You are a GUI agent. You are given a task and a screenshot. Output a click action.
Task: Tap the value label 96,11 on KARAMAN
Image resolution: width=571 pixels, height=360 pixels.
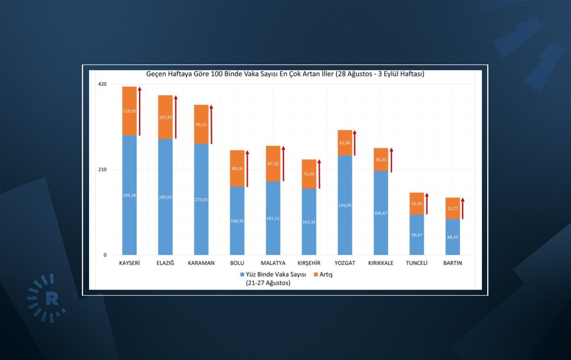(x=201, y=125)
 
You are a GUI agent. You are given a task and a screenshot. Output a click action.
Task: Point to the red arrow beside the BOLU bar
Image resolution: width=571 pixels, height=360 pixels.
(x=247, y=168)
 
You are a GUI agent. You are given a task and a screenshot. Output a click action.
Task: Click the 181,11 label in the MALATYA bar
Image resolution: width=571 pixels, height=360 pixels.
(x=273, y=218)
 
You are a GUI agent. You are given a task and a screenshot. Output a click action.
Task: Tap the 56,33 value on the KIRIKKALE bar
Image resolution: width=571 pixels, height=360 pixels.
(x=381, y=160)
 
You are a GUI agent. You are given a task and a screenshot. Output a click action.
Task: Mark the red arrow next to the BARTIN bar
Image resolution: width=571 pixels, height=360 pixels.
(x=463, y=208)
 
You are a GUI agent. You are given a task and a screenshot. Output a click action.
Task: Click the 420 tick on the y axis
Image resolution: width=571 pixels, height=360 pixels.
(x=102, y=84)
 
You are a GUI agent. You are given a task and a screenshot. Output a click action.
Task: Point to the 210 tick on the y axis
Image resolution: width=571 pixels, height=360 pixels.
(x=102, y=170)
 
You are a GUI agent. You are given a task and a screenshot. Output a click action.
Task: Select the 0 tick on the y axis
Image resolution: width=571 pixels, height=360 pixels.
(x=105, y=255)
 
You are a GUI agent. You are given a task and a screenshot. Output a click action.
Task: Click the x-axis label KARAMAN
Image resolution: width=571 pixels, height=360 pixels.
(x=201, y=263)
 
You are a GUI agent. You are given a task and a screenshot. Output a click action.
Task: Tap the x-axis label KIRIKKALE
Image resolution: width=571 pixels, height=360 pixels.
(x=381, y=263)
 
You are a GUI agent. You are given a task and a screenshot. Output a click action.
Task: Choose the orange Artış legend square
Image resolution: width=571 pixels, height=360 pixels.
(x=316, y=274)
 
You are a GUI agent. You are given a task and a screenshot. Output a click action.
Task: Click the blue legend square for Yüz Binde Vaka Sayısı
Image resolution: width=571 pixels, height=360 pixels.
(x=242, y=274)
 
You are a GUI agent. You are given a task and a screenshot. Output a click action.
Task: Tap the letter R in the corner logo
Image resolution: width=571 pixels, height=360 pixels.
(x=52, y=299)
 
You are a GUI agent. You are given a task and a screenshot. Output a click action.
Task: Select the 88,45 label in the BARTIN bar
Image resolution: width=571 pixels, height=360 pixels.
(x=453, y=237)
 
